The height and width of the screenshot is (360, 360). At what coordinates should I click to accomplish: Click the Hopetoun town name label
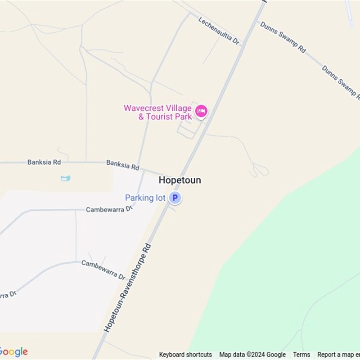point(180,180)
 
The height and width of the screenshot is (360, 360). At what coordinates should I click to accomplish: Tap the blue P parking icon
point(175,198)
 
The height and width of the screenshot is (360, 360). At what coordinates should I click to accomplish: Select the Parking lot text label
point(145,198)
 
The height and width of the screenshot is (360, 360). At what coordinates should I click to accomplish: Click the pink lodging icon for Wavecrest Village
point(201,111)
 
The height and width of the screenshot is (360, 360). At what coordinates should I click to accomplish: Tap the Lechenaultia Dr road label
point(218,31)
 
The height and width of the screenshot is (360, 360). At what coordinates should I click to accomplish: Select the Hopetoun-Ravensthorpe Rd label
point(127,288)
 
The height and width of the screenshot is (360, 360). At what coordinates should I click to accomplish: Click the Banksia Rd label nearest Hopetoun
point(122,165)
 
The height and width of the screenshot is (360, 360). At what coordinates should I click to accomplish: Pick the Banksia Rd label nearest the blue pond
point(44,162)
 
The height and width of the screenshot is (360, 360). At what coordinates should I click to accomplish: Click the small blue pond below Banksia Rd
point(66,179)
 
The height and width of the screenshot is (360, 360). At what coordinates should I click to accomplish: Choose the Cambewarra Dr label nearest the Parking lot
point(110,209)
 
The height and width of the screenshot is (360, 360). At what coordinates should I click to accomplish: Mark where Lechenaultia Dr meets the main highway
point(243,45)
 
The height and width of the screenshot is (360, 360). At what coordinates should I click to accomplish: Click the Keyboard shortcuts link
point(185,355)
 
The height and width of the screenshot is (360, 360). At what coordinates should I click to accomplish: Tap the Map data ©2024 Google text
point(252,355)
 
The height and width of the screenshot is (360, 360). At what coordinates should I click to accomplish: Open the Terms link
point(301,355)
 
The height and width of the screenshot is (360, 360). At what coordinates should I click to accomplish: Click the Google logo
point(13,351)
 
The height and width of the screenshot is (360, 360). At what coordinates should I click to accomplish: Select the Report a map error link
point(338,355)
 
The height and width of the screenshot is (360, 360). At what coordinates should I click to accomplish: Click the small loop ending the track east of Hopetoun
point(260,171)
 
